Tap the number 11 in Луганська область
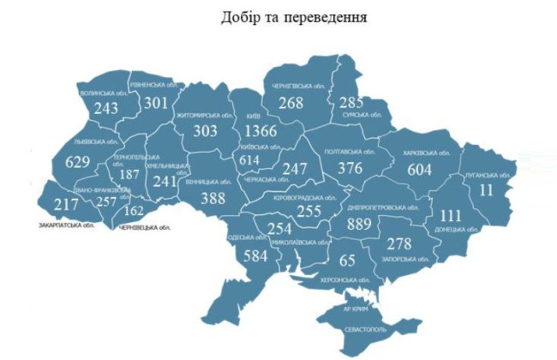(487, 189)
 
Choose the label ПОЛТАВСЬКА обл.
(350, 152)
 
